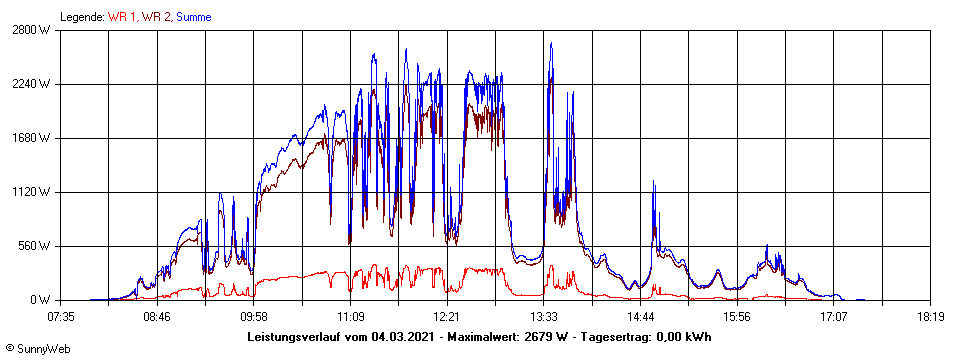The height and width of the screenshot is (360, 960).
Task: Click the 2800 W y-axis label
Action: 33,30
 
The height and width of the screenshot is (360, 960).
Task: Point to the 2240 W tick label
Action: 33,84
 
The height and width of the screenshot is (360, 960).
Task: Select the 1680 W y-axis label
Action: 33,138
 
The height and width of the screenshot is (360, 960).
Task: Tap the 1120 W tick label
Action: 33,192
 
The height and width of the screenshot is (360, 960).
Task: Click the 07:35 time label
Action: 61,317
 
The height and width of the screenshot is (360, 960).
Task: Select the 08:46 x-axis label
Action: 158,317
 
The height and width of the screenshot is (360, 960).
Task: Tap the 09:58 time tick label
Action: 254,317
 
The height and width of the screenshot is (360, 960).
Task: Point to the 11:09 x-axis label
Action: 351,317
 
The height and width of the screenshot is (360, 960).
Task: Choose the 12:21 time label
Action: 447,317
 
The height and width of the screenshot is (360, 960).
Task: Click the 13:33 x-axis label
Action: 544,317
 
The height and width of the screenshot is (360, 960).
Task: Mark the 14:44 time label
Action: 640,317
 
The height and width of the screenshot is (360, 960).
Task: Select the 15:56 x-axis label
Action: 737,317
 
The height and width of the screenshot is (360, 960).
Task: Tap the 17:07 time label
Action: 834,317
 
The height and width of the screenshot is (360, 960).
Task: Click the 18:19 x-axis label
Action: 930,317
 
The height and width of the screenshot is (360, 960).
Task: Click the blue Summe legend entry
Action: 193,17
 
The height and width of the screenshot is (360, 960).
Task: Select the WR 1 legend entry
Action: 122,17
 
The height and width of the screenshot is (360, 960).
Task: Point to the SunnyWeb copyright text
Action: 38,349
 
